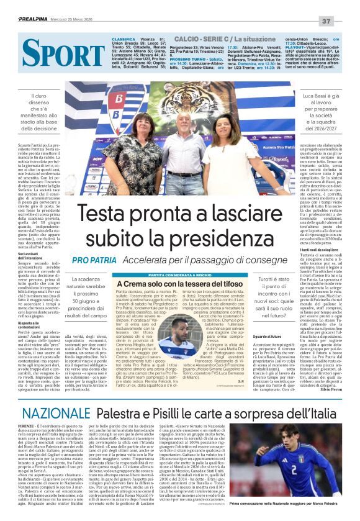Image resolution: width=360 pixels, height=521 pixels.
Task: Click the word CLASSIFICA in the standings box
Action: [124, 39]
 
